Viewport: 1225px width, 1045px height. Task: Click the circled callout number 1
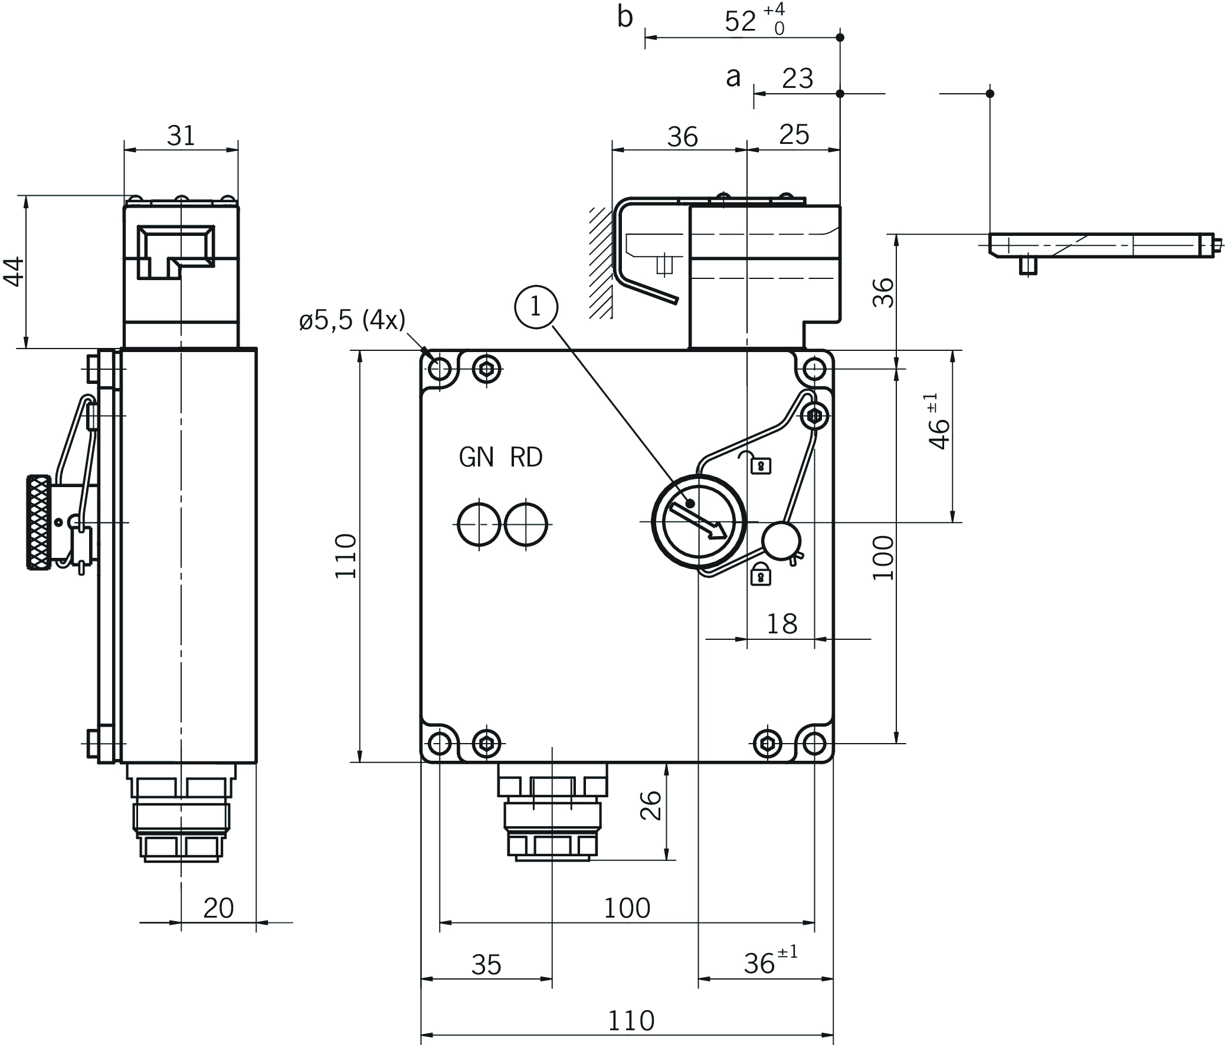click(x=536, y=307)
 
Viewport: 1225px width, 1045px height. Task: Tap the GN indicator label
click(x=477, y=458)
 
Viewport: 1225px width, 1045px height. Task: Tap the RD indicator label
click(x=526, y=458)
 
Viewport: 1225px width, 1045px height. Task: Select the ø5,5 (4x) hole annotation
click(x=352, y=320)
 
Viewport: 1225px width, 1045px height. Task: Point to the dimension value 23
click(x=798, y=78)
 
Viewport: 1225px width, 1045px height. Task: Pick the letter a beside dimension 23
click(x=733, y=77)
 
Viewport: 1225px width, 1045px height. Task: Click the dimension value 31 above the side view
click(x=181, y=136)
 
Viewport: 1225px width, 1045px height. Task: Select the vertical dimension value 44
click(x=15, y=272)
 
